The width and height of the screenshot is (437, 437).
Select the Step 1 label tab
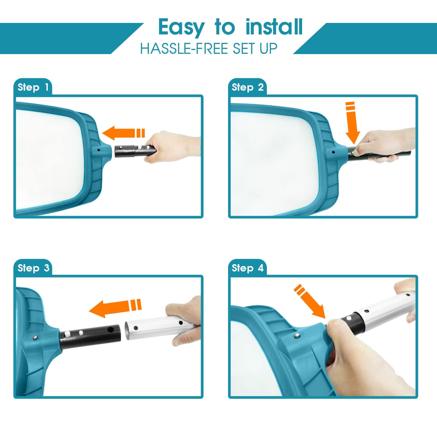33,87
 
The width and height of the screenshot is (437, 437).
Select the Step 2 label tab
247,87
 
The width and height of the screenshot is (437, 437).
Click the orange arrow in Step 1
123,133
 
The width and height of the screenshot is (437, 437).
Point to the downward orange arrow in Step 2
352,123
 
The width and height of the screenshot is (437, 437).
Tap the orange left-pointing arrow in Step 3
115,308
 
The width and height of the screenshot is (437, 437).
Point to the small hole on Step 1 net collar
98,150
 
